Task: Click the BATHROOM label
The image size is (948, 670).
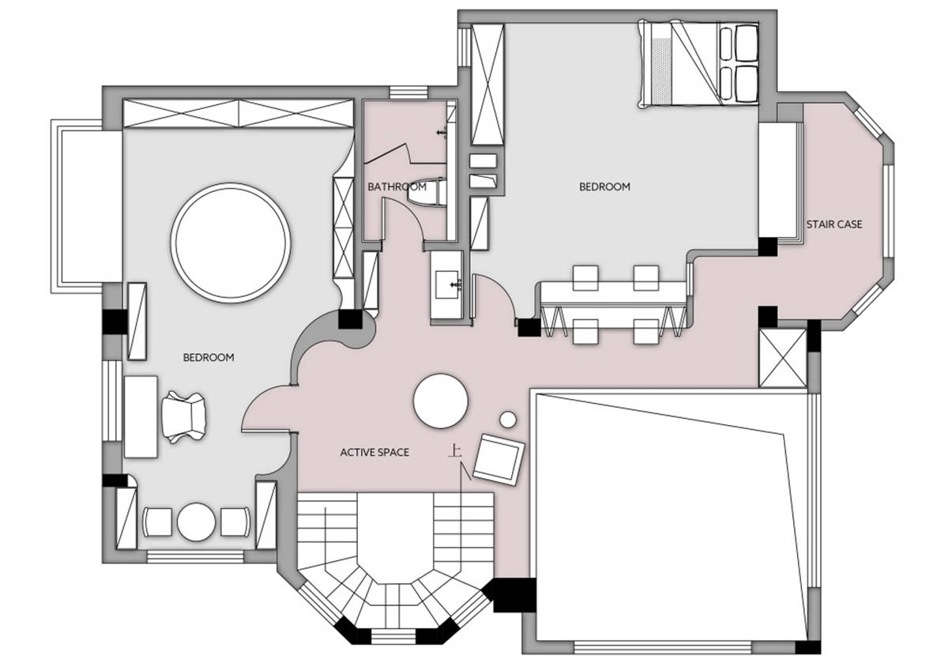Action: (397, 186)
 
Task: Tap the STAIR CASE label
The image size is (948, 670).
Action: (833, 224)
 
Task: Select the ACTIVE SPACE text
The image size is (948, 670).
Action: (374, 453)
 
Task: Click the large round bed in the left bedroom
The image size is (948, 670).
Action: (231, 243)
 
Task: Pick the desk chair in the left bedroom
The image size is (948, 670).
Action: (185, 417)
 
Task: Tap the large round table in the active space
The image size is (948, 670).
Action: (441, 401)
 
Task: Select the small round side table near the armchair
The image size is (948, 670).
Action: (508, 420)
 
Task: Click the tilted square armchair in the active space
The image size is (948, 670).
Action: (499, 459)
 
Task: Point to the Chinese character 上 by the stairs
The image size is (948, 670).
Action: (455, 450)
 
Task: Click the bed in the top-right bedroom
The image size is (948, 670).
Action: (698, 63)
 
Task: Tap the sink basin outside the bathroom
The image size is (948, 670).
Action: (447, 284)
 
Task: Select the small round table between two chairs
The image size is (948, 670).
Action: (197, 522)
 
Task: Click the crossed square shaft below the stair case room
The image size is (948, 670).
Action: (783, 358)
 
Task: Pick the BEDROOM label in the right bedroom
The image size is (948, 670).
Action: (604, 186)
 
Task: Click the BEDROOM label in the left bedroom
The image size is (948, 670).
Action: (209, 358)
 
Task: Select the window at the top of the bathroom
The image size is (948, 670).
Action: (408, 92)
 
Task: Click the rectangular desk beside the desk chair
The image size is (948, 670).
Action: (141, 416)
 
